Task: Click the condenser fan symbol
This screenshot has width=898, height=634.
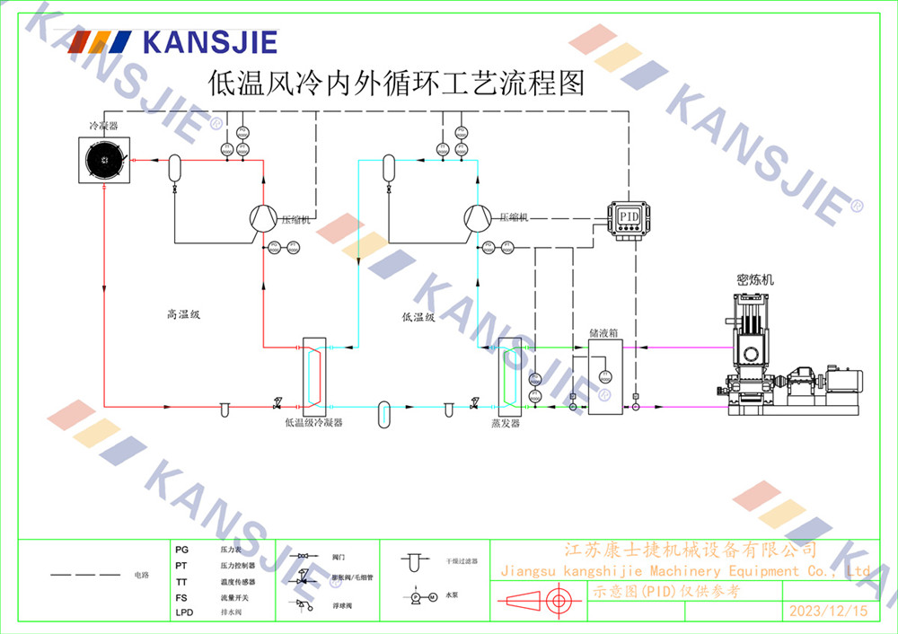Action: tap(104, 162)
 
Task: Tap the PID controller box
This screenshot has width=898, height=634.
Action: tap(629, 217)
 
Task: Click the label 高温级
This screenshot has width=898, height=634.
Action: tap(183, 314)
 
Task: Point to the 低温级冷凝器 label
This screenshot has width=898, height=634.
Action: tap(313, 421)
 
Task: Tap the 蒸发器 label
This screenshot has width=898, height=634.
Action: tap(506, 422)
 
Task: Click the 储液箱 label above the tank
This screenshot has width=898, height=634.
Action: tap(603, 332)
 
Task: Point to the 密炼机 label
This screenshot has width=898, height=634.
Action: tap(754, 280)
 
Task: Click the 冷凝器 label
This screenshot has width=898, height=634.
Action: tap(102, 127)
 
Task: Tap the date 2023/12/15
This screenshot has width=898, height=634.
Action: tap(828, 611)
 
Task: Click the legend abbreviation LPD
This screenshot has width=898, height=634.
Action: tap(183, 612)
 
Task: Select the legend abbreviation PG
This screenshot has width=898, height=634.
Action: tap(181, 549)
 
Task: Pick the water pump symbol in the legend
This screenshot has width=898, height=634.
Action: tap(422, 596)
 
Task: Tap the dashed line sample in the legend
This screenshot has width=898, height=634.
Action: tap(84, 574)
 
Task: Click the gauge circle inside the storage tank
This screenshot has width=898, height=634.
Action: tap(604, 375)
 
